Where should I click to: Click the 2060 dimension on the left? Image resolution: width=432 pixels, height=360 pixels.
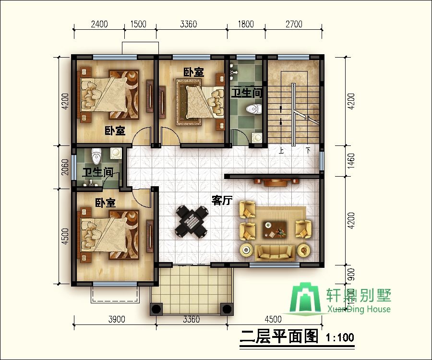66,168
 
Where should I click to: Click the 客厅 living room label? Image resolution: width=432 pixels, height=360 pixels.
222,201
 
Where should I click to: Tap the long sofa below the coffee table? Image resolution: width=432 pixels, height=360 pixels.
275,251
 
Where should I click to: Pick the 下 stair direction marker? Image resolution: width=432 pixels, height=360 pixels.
309,150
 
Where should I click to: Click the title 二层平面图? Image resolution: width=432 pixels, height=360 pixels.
279,337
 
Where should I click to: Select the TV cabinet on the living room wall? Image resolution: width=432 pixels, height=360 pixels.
276,181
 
